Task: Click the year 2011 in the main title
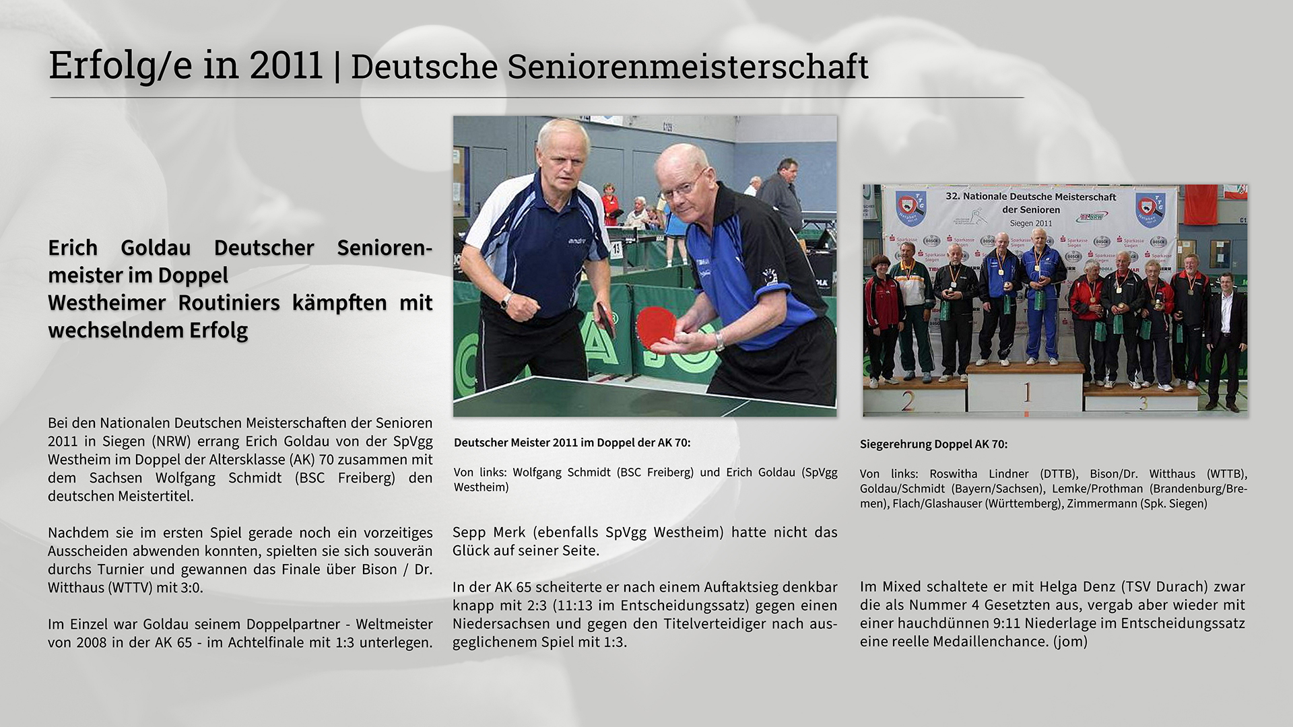(x=286, y=66)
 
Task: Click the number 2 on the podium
(x=907, y=402)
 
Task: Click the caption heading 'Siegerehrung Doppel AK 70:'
(x=933, y=444)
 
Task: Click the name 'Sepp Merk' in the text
(x=490, y=532)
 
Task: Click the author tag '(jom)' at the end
(x=1069, y=642)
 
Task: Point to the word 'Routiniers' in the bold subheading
(x=229, y=303)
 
